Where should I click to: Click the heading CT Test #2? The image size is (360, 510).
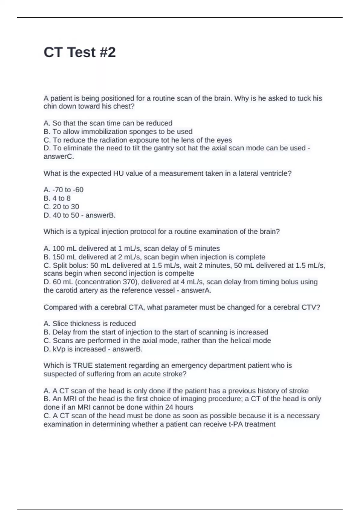click(79, 52)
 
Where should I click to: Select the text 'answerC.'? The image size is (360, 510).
click(59, 157)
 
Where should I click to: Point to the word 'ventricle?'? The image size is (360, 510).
click(278, 173)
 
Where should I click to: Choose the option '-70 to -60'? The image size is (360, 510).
click(68, 190)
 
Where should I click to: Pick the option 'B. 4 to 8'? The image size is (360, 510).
click(57, 198)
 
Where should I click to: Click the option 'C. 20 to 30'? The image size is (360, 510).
click(61, 207)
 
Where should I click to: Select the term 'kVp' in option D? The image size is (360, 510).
click(59, 349)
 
